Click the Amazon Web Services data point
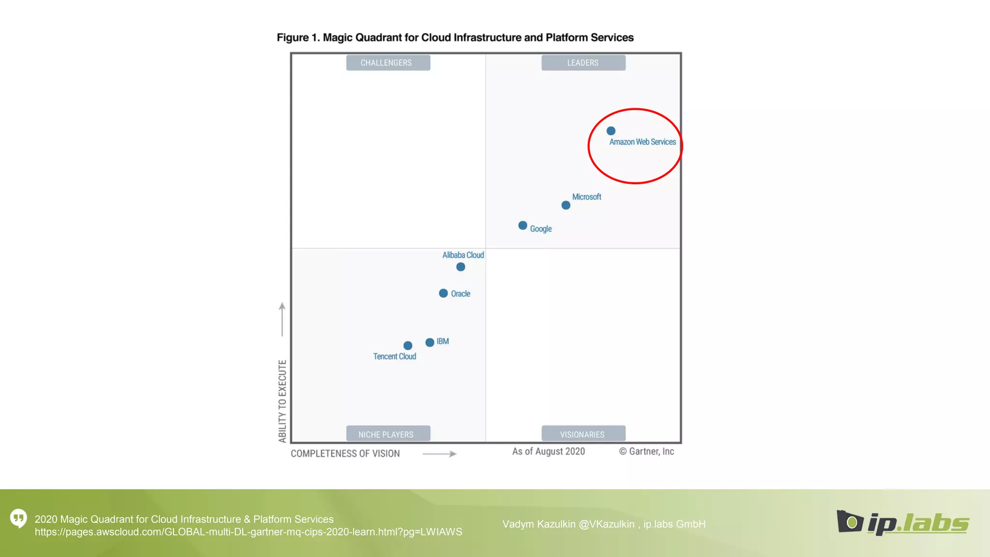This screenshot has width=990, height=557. [x=611, y=131]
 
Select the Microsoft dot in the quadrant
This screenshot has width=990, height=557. [x=566, y=205]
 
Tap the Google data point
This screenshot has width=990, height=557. [x=523, y=226]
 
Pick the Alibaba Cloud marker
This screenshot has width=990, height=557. [x=461, y=267]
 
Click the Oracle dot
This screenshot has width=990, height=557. [x=443, y=293]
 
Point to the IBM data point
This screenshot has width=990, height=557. [x=430, y=342]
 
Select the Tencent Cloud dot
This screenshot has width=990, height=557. [x=408, y=346]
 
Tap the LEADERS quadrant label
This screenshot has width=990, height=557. [x=583, y=63]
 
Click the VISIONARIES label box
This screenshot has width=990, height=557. [x=583, y=434]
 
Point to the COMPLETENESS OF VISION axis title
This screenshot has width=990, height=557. [x=345, y=454]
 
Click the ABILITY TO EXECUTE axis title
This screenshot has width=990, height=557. [x=283, y=401]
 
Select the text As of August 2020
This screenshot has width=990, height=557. [x=548, y=451]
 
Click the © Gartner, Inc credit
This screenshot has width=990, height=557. [x=646, y=451]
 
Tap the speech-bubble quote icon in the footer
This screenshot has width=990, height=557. [x=19, y=518]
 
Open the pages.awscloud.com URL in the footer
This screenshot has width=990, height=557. [x=248, y=532]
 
